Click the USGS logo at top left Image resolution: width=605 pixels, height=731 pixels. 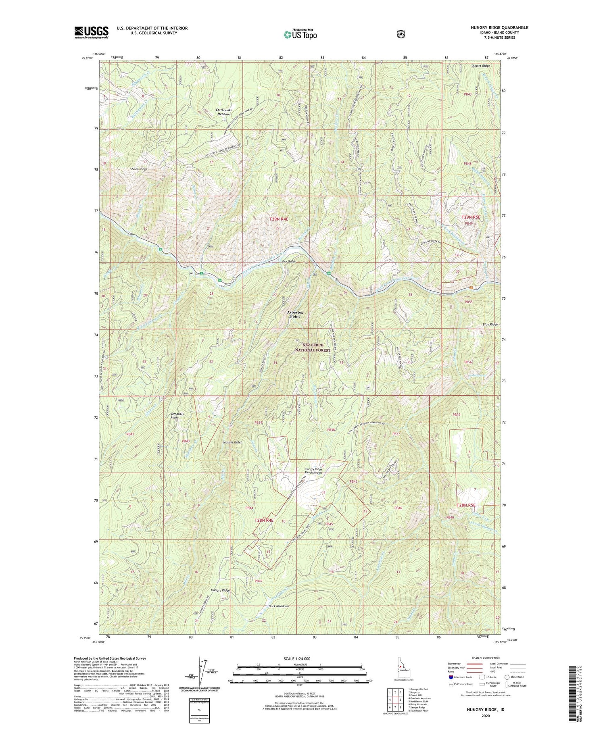[x=91, y=32]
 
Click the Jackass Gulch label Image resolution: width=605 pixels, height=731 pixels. [x=232, y=442]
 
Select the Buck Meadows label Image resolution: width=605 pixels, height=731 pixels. [x=279, y=607]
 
